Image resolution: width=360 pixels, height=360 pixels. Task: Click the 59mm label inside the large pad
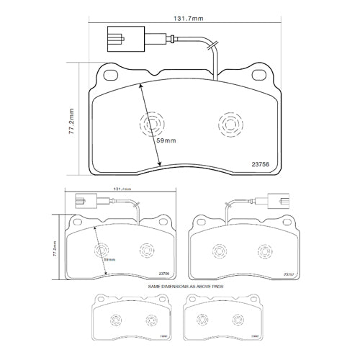point(166,141)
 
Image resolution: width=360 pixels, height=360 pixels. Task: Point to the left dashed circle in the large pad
point(151,127)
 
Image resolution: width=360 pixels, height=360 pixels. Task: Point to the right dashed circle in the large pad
point(230,125)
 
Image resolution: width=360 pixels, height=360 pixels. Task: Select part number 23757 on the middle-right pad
point(288,274)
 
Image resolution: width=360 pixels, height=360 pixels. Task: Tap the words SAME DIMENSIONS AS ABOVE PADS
point(181,286)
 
